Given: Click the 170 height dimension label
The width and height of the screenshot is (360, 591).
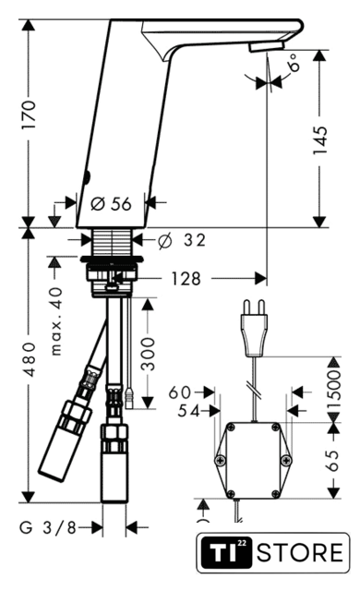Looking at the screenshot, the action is [29, 115].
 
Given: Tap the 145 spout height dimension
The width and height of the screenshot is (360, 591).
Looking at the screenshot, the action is [320, 139].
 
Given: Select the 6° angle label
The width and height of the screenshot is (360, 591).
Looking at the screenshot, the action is [294, 62].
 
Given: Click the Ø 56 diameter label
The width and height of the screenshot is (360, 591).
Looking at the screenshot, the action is [111, 204].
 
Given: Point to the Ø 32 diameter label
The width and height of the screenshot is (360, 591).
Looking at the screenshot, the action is [182, 240].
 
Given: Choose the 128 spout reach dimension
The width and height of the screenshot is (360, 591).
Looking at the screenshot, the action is [186, 279].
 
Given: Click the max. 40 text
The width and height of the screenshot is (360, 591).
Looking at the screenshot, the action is [56, 321].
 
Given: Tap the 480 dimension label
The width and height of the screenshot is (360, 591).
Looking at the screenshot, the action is [30, 359].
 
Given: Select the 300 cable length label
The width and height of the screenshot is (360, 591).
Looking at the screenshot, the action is [148, 354].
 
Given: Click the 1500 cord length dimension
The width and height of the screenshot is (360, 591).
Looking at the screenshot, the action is [333, 390].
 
